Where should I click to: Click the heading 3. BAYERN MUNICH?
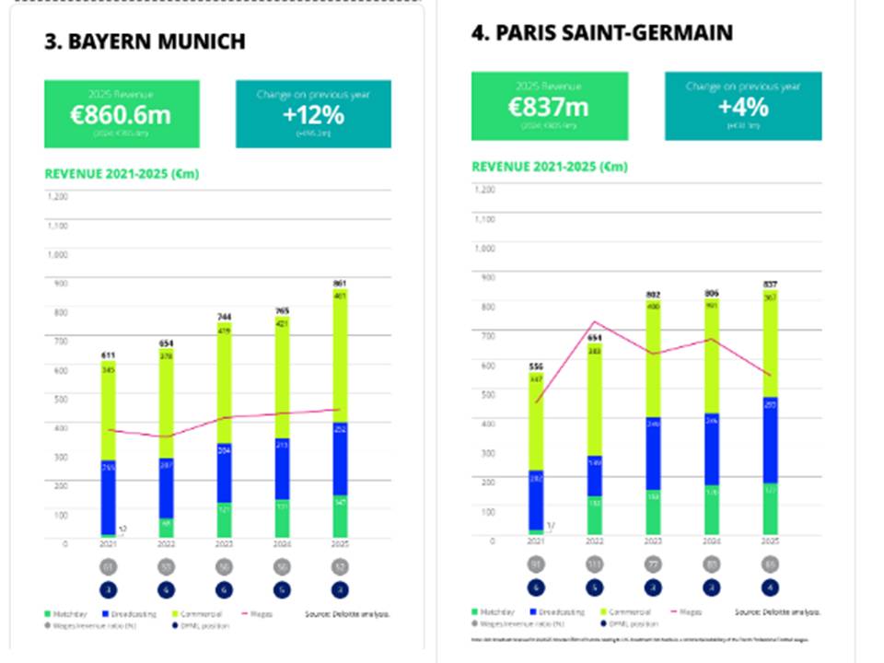coord(145,41)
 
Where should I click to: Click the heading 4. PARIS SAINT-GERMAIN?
coord(602,33)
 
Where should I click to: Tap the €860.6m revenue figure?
coord(122,115)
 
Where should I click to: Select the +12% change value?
coord(313,115)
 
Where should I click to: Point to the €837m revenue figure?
coord(549,108)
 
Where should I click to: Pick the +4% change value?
coord(743,108)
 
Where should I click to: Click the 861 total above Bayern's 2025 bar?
coord(339,284)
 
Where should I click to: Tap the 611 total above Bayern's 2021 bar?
coord(109,354)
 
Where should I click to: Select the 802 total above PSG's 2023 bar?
coord(653,295)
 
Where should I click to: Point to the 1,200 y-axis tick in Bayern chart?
coord(57,197)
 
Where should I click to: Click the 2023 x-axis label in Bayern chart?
coord(224,544)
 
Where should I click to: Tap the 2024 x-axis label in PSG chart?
coord(712,541)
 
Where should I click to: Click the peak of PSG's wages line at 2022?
coord(595,322)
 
